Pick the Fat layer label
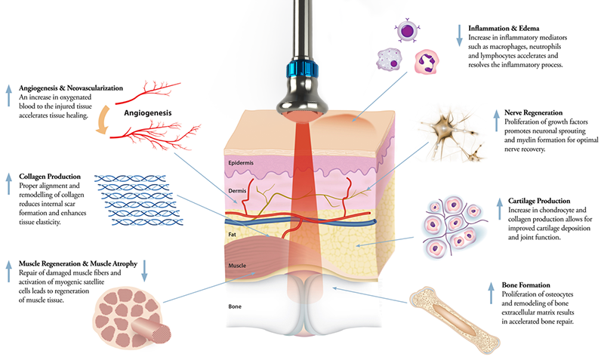233,236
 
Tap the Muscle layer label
238,266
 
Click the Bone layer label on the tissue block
235,307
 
